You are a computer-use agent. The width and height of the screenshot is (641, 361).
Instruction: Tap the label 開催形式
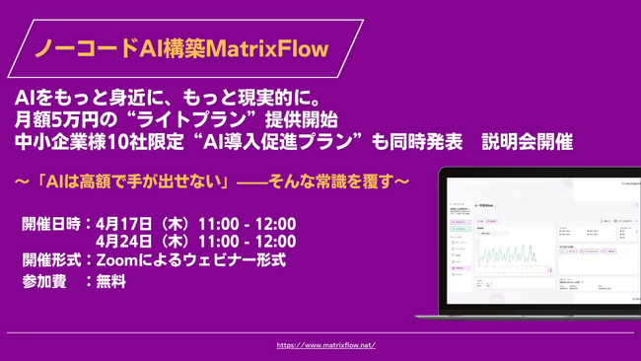[x=51, y=261]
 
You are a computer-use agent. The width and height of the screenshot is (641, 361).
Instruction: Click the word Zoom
[x=120, y=261]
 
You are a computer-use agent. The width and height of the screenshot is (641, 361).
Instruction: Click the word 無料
[x=111, y=281]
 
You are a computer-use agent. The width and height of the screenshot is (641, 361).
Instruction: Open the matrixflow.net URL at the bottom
[x=325, y=345]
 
